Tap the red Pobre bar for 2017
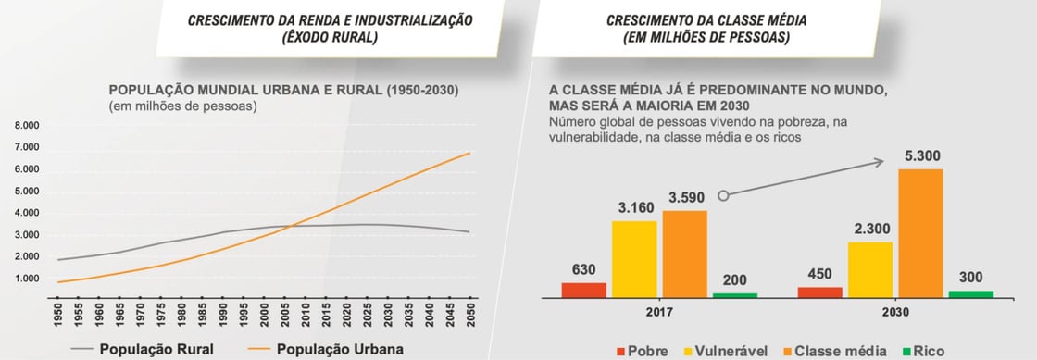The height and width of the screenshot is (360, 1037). coord(583,290)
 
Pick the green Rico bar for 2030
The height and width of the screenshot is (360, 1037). coord(970,293)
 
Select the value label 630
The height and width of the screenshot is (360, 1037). coord(583,270)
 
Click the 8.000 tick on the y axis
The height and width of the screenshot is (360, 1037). coord(26,126)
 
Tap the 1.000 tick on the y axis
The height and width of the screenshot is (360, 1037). coord(26,279)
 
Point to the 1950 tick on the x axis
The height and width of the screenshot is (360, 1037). coord(58,315)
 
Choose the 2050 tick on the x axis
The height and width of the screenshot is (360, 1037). coord(471,315)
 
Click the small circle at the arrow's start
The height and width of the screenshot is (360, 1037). coord(724,195)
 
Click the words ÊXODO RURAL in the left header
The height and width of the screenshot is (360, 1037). coord(331,38)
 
